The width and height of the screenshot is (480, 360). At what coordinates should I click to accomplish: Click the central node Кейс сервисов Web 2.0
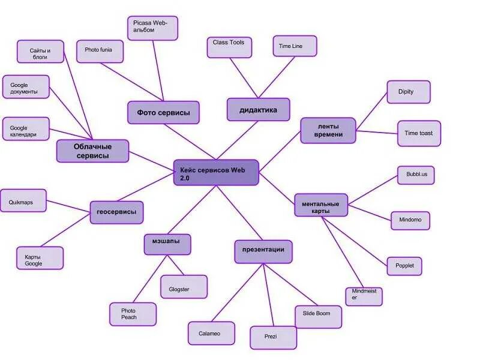click(x=216, y=172)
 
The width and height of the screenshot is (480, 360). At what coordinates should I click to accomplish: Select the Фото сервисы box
click(x=163, y=112)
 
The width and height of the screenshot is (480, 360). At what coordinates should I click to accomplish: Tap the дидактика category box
click(x=258, y=110)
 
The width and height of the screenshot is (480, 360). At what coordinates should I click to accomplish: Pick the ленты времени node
click(x=328, y=130)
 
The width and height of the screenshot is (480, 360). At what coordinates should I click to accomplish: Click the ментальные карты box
click(x=321, y=205)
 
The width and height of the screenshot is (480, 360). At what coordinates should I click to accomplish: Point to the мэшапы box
click(x=167, y=244)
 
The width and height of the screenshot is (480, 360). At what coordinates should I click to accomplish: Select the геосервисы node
click(x=116, y=212)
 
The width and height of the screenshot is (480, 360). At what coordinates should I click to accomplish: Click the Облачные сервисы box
click(x=92, y=151)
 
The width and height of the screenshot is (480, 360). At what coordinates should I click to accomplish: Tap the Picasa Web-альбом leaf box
click(x=152, y=28)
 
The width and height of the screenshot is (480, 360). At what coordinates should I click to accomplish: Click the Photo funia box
click(x=100, y=51)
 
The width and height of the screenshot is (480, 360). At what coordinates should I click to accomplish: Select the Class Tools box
click(x=229, y=47)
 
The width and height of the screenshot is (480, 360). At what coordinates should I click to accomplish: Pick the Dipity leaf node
click(x=409, y=92)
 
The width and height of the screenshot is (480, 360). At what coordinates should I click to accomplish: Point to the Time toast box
click(x=419, y=133)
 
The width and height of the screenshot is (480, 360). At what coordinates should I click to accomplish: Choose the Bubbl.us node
click(x=416, y=175)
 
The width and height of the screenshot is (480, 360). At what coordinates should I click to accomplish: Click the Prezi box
click(x=273, y=337)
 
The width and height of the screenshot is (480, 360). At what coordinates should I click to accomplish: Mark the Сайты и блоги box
click(x=40, y=52)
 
